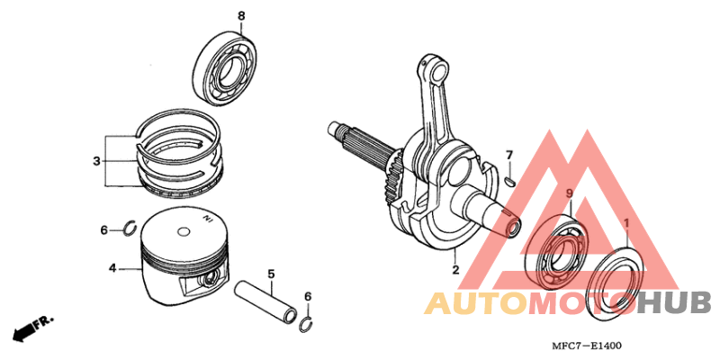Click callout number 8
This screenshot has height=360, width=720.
[241, 16]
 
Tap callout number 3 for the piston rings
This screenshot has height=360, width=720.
[95, 162]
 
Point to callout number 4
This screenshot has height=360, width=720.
[112, 268]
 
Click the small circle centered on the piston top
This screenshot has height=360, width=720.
[184, 232]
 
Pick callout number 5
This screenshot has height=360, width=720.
[269, 274]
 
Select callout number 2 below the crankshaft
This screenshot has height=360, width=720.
[455, 269]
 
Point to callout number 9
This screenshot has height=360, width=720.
[569, 194]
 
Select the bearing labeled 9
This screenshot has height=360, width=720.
[557, 253]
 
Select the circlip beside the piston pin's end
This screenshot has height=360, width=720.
[306, 324]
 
